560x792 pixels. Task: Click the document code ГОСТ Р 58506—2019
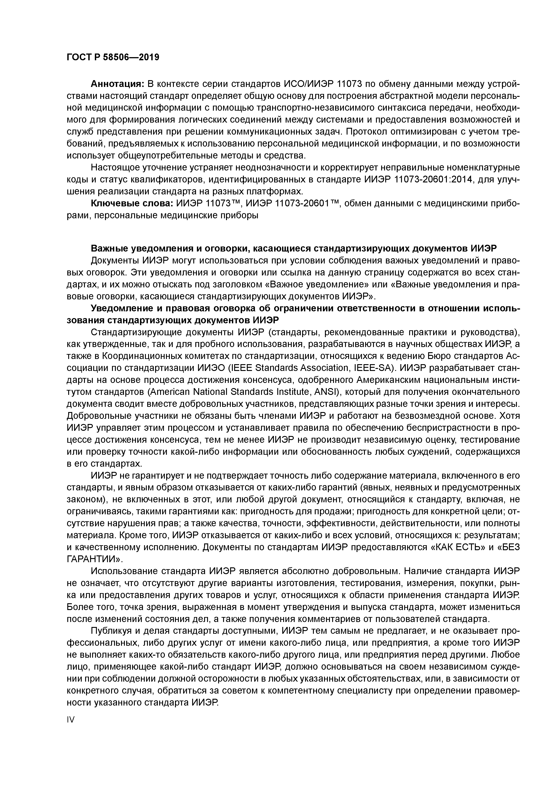[x=113, y=57]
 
